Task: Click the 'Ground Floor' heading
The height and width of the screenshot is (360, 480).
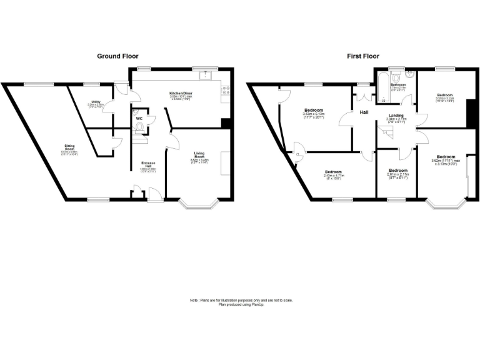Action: (x=117, y=56)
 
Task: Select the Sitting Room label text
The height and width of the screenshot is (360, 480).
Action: (x=69, y=147)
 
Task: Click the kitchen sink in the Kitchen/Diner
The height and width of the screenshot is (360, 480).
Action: (x=205, y=76)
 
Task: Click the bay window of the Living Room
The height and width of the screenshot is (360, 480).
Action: (x=199, y=204)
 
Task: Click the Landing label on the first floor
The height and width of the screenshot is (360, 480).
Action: (x=396, y=116)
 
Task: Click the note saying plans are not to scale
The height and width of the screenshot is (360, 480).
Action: (x=241, y=302)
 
